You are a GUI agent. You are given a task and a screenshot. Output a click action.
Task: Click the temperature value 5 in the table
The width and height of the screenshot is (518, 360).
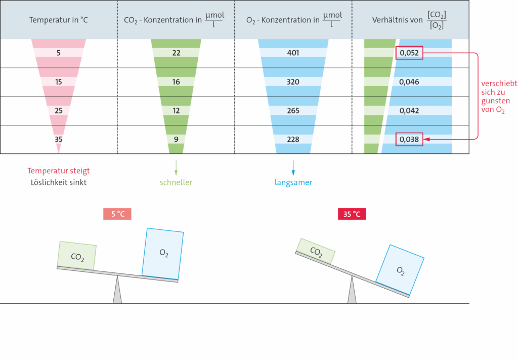[59, 53]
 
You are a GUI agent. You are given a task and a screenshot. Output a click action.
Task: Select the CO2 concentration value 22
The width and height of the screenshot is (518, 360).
[176, 53]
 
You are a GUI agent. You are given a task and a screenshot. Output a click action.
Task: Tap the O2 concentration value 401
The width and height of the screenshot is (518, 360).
[293, 53]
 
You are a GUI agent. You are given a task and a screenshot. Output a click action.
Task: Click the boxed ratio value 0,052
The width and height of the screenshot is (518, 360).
[409, 53]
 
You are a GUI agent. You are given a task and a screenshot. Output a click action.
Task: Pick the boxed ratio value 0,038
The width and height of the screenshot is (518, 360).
[409, 140]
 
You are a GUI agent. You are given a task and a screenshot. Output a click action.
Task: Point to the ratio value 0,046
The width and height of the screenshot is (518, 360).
[409, 82]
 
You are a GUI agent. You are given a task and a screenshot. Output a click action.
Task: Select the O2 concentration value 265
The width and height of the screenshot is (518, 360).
[293, 111]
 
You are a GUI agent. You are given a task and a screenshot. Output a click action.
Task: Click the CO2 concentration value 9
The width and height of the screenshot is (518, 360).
[176, 140]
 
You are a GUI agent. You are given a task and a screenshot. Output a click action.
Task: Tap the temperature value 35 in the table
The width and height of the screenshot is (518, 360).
[59, 140]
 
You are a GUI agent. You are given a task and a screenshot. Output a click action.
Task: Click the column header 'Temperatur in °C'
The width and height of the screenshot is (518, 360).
[59, 20]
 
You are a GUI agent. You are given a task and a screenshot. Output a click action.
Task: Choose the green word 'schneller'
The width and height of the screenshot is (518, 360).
[176, 182]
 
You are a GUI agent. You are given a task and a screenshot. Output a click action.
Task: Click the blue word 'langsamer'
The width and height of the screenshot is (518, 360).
[293, 182]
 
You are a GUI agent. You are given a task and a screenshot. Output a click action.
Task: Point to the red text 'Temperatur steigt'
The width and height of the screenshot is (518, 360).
[59, 171]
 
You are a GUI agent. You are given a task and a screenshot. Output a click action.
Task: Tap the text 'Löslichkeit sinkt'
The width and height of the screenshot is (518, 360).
[59, 182]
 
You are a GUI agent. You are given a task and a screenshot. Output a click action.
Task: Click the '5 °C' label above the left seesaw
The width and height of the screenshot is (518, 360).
[117, 214]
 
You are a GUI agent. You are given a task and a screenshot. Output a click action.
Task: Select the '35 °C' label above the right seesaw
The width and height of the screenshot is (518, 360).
[352, 214]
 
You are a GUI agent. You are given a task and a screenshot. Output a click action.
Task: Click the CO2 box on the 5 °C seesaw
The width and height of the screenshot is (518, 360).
[77, 256]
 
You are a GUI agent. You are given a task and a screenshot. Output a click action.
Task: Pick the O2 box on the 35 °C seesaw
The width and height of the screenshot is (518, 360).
[400, 270]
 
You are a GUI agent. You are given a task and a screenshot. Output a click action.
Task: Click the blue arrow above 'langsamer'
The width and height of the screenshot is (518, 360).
[293, 168]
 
